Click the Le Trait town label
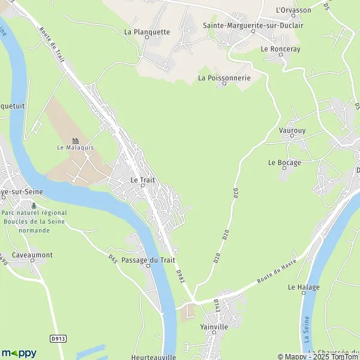point(143,179)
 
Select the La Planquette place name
point(147,32)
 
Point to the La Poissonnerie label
point(224,77)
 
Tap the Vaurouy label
point(292,129)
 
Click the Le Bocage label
point(284,162)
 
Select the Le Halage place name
point(304,287)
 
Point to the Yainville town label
point(214,327)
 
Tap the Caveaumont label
point(31,255)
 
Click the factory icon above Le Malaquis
point(76,140)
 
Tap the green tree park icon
point(34,205)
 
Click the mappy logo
point(19,353)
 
